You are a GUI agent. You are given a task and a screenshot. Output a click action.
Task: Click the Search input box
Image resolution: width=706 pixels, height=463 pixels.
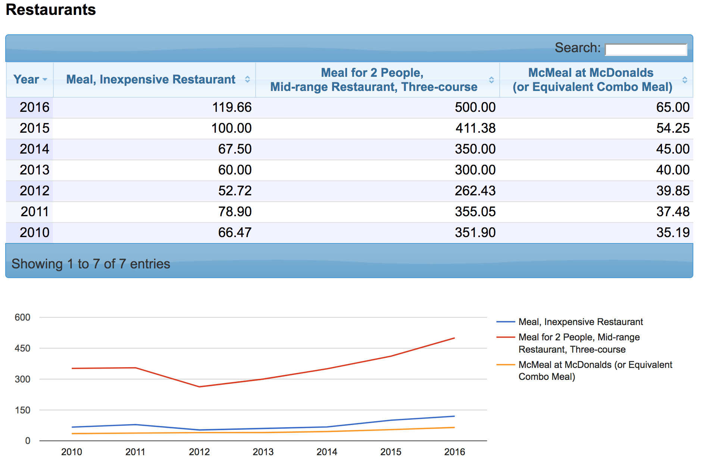[x=646, y=50]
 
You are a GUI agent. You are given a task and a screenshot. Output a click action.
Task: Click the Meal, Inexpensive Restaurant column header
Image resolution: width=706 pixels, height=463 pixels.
[x=151, y=79]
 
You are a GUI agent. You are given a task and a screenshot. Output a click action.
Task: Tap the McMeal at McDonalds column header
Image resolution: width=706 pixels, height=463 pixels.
[x=592, y=79]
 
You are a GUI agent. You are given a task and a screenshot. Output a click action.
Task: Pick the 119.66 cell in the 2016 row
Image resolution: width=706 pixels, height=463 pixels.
[x=232, y=107]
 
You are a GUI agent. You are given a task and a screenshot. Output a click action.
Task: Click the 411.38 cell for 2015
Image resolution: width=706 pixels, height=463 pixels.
[x=475, y=128]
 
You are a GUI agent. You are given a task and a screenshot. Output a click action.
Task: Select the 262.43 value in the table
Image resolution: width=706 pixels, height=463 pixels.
[x=475, y=191]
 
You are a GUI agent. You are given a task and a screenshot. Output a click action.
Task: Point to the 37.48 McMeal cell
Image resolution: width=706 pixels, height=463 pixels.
[x=672, y=212]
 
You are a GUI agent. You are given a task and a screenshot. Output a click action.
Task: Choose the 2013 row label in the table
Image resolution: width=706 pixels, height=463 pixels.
[x=34, y=170]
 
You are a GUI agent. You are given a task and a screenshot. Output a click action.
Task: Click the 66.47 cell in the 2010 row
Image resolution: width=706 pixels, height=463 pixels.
[x=235, y=233]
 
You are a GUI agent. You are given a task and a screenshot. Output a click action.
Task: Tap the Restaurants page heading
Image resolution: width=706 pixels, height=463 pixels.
[x=51, y=10]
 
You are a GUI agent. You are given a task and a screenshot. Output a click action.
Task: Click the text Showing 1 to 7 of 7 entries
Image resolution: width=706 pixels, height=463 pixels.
[x=91, y=264]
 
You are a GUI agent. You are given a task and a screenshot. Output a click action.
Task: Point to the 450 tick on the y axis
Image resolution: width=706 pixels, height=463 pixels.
[x=22, y=348]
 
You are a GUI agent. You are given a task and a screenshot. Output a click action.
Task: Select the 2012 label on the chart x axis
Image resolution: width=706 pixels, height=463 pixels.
[x=199, y=452]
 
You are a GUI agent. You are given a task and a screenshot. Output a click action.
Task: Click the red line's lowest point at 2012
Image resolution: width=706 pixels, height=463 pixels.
[x=199, y=387]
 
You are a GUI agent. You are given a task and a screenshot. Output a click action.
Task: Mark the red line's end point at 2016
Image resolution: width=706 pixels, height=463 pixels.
[x=454, y=338]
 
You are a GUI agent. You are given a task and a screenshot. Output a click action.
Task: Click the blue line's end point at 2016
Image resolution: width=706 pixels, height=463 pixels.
[x=454, y=416]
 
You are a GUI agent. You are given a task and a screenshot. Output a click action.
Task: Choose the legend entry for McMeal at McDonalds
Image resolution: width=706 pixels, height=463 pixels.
[x=595, y=371]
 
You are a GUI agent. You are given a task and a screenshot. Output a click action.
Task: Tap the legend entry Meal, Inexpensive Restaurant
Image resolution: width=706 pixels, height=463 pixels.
[x=580, y=322]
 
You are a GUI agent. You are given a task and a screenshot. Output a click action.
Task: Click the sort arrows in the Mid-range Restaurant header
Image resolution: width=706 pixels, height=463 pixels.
[x=491, y=80]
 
